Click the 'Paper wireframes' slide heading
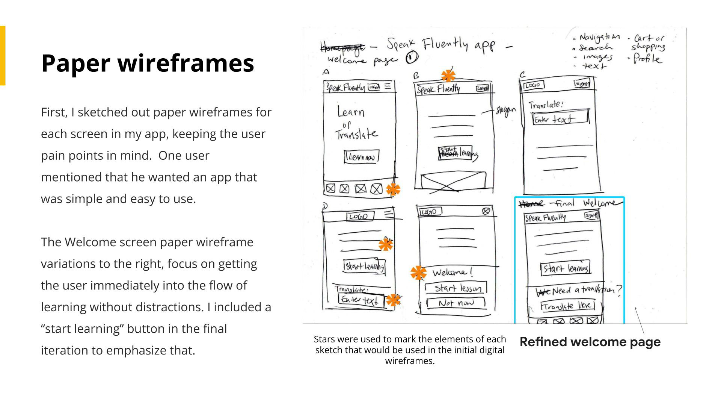coord(148,63)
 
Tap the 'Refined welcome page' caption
coord(590,342)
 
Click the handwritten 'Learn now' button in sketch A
coord(361,157)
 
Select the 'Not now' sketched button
coord(456,303)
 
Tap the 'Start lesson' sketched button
coord(456,288)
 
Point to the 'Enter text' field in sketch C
coord(560,118)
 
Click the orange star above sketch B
coord(448,76)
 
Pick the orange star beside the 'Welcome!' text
coord(418,273)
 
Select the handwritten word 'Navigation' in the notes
coord(599,37)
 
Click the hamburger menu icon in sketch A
coord(388,86)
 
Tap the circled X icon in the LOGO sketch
coord(486,211)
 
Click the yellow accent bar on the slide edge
coord(3,56)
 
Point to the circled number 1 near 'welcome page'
coord(412,58)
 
